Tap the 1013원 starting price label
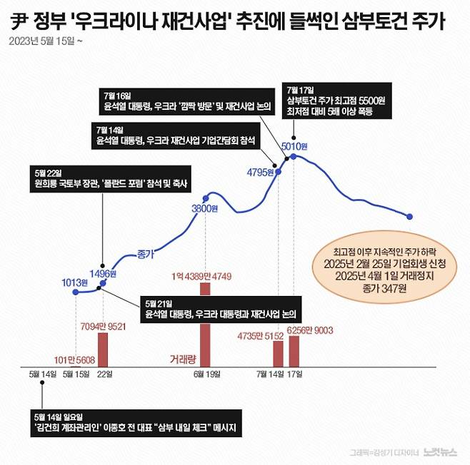pos(74,282)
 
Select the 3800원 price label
pos(204,208)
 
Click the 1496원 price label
pos(102,273)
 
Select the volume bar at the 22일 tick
pos(102,350)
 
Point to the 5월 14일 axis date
pos(42,374)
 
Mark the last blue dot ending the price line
pos(411,216)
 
